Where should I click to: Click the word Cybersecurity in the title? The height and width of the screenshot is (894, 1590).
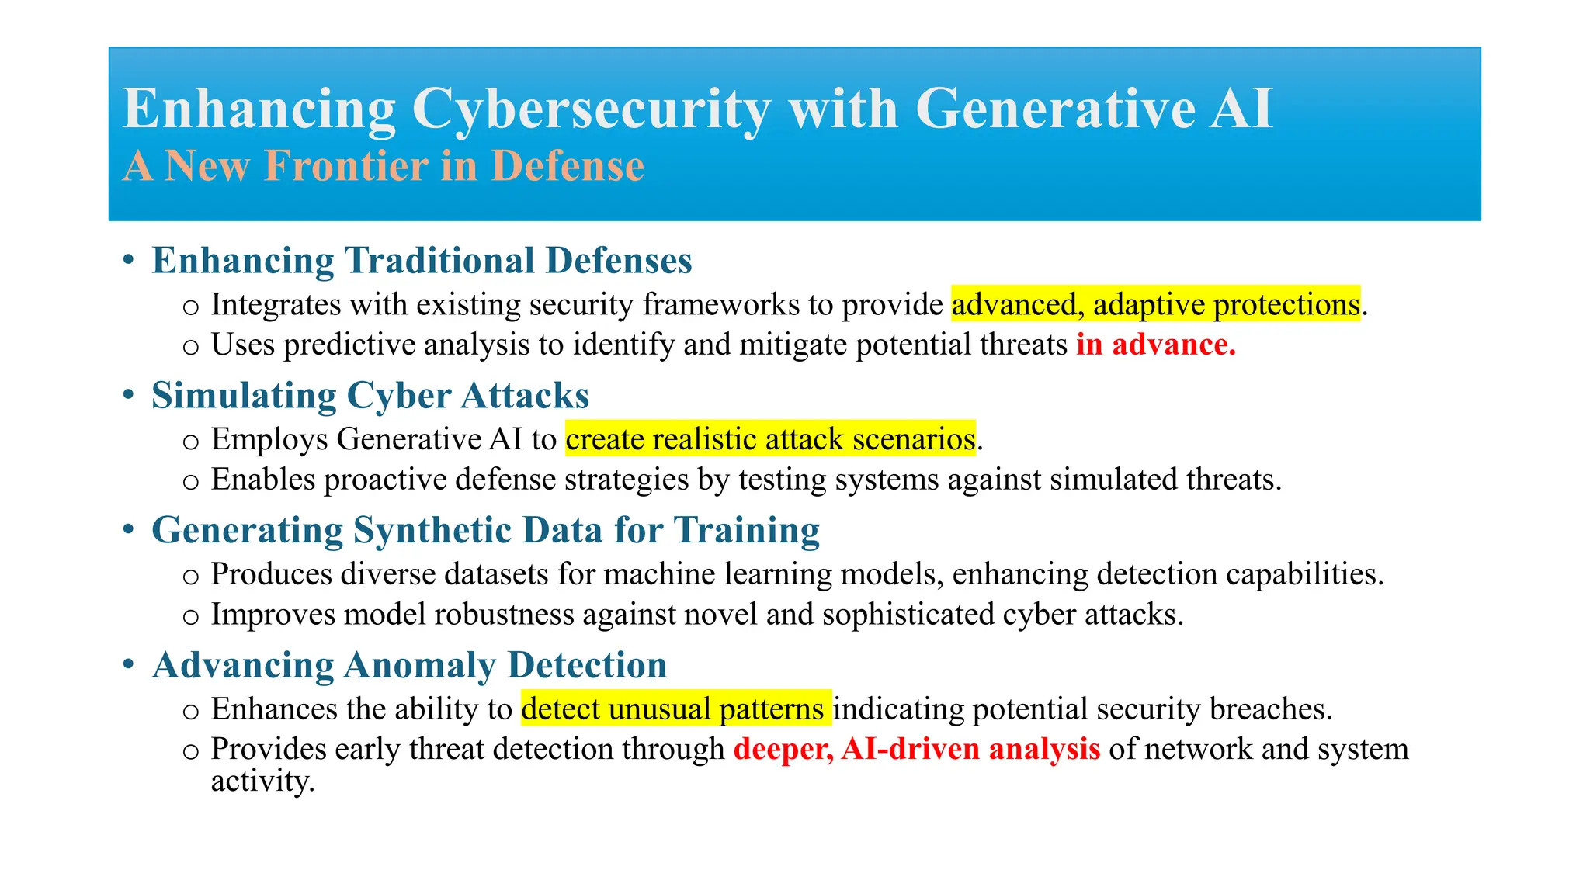click(x=591, y=109)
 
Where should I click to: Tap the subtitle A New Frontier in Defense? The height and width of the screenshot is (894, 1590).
click(x=384, y=166)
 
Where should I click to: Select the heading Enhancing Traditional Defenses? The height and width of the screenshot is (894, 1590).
click(x=422, y=261)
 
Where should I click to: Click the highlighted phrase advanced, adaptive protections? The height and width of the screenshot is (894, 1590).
click(x=1155, y=304)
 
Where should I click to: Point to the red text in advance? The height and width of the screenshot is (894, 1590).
click(x=1155, y=345)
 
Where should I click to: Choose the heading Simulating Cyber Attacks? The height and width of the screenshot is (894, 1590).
click(x=370, y=396)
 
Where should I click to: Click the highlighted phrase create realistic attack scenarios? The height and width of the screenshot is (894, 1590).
click(x=770, y=439)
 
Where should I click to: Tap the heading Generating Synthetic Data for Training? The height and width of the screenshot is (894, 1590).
click(x=485, y=531)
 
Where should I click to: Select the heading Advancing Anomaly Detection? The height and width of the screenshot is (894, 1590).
click(x=409, y=666)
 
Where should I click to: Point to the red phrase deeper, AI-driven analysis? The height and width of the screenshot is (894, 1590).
click(x=916, y=750)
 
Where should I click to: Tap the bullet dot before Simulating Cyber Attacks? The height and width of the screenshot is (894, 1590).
click(x=129, y=396)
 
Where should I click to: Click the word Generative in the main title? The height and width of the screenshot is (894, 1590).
click(x=1055, y=109)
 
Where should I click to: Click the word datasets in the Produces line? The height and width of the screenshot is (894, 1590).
click(x=497, y=574)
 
